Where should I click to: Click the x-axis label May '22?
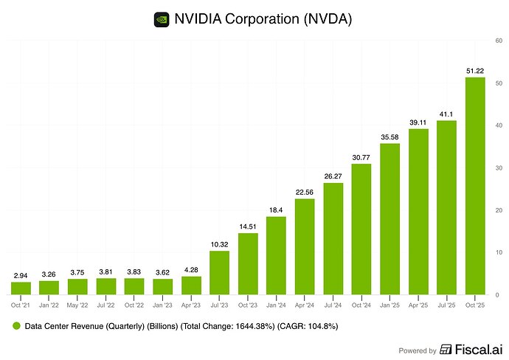pyautogui.click(x=78, y=303)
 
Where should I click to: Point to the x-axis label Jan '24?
pyautogui.click(x=276, y=303)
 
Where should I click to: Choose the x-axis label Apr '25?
pyautogui.click(x=418, y=303)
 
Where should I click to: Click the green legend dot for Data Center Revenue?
pyautogui.click(x=15, y=325)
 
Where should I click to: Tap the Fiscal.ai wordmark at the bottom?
pyautogui.click(x=474, y=350)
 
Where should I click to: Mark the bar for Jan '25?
pyautogui.click(x=389, y=219)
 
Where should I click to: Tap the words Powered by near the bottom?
pyautogui.click(x=418, y=350)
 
